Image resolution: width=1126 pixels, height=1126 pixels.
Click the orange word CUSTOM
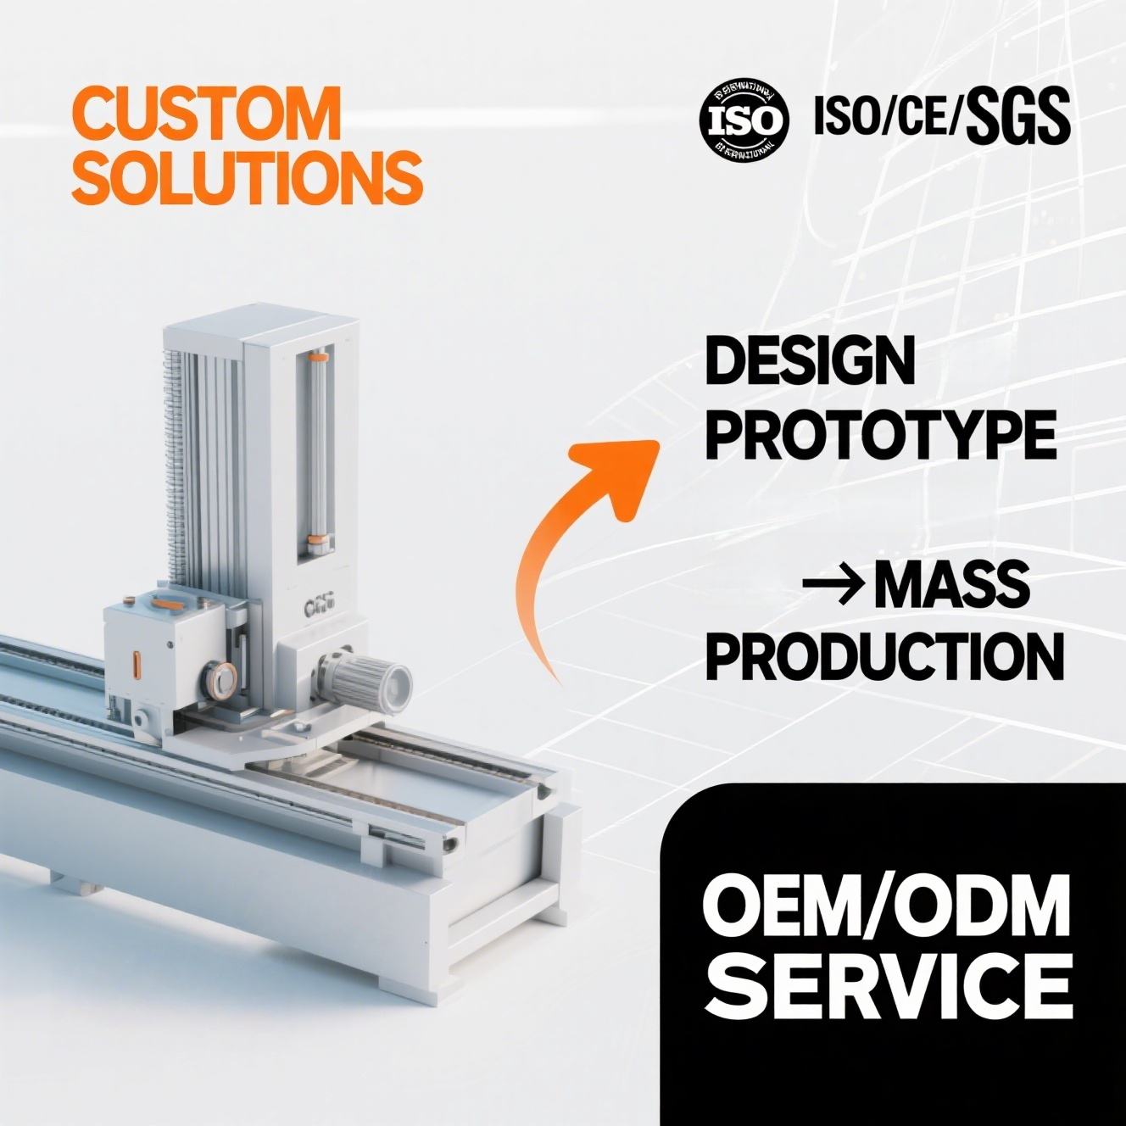coord(206,114)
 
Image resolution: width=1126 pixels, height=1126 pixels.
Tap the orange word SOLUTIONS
coord(247,177)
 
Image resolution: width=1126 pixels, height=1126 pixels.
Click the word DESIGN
coord(810,362)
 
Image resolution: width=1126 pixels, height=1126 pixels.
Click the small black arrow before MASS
coord(833,585)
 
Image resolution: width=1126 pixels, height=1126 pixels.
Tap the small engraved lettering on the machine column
coord(318,607)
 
